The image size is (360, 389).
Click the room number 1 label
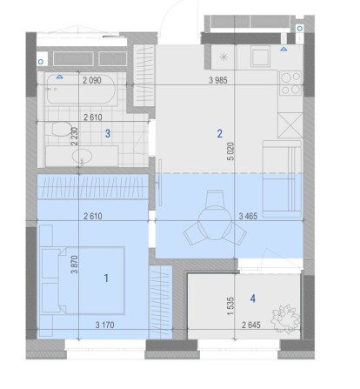tap(106, 278)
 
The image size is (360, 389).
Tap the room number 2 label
tap(220, 133)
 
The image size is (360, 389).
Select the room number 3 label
tap(108, 134)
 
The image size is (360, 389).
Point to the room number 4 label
tap(253, 298)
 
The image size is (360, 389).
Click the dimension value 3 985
tap(218, 80)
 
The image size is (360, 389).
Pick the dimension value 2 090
tap(92, 80)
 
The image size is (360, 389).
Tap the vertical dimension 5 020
tap(231, 151)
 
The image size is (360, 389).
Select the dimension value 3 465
tap(248, 216)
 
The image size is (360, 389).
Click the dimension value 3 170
tap(104, 325)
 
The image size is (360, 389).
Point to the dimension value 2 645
tap(251, 325)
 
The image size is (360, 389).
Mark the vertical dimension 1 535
tap(230, 305)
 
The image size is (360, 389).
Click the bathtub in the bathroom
tap(81, 89)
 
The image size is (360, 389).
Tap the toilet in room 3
tap(62, 129)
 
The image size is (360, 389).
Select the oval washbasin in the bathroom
tap(82, 157)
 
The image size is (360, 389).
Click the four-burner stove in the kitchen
tap(290, 83)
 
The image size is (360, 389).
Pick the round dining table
tap(215, 223)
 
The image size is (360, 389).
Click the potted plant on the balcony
tap(285, 319)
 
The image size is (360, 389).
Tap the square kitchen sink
tap(260, 57)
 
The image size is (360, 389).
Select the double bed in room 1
tap(82, 280)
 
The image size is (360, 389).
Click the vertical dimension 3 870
tap(75, 265)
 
